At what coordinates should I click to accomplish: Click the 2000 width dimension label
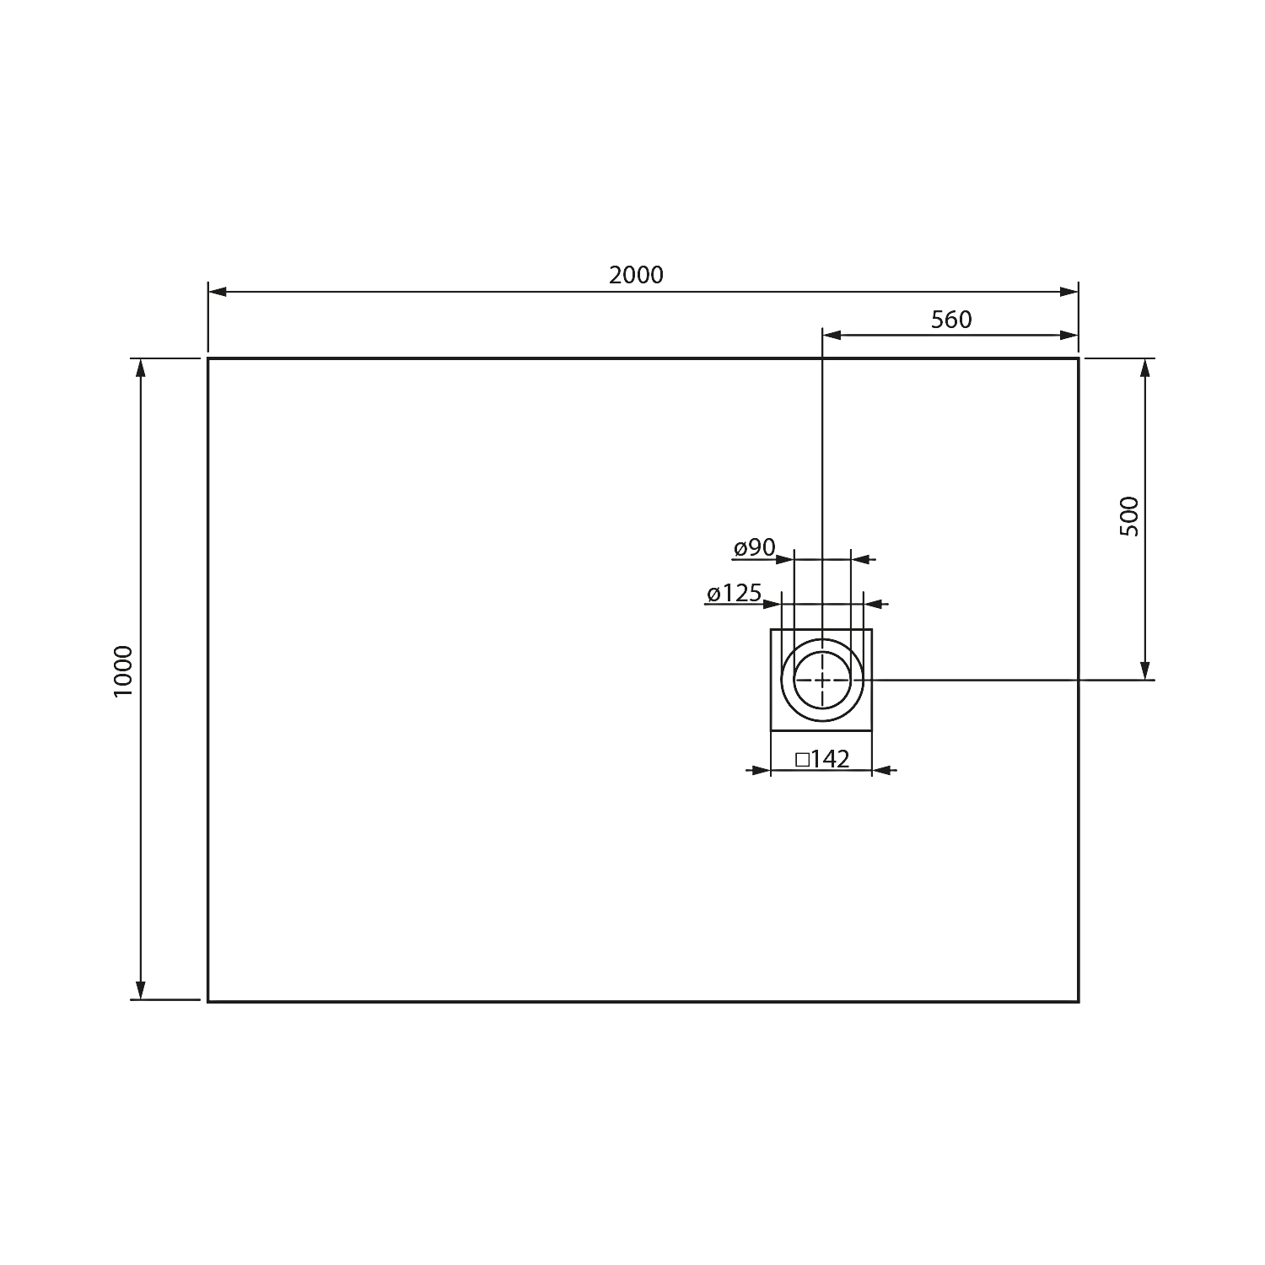point(636,275)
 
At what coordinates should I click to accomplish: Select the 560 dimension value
point(951,320)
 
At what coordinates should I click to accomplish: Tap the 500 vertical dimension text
point(1129,516)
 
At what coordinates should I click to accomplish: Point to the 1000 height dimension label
point(123,671)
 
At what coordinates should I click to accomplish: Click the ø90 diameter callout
point(754,548)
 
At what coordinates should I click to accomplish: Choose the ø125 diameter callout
point(734,594)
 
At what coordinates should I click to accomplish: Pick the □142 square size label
point(822,759)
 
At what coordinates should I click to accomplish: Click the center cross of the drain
point(822,680)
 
